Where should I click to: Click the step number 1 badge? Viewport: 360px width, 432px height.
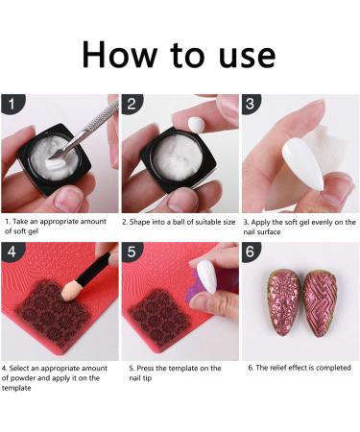[x=11, y=102]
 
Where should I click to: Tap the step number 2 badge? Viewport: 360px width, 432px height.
[x=132, y=102]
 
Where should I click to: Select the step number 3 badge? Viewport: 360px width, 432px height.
[x=252, y=102]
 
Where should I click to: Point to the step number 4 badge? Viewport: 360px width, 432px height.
[x=11, y=252]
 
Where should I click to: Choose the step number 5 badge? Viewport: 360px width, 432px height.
[x=132, y=252]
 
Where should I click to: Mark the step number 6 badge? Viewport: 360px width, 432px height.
[x=252, y=252]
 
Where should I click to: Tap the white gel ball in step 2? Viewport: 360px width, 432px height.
[x=196, y=124]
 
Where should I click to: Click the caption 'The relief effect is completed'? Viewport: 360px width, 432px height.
[x=300, y=368]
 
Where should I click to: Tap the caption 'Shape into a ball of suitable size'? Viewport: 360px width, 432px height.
[x=180, y=223]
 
